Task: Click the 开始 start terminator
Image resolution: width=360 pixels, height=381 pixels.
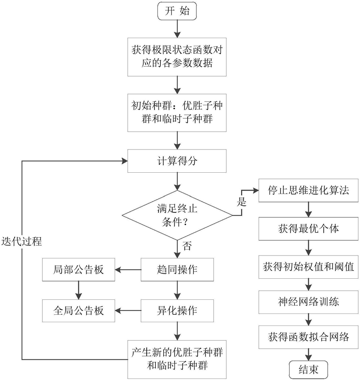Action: pyautogui.click(x=178, y=12)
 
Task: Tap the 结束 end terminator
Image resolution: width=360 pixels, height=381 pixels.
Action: pyautogui.click(x=307, y=369)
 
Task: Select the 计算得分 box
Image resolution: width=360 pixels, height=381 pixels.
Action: pyautogui.click(x=178, y=161)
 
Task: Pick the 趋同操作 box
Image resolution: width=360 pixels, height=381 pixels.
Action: pyautogui.click(x=178, y=270)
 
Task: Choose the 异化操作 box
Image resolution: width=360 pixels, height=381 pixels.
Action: pyautogui.click(x=178, y=310)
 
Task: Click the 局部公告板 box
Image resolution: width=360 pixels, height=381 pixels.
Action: pyautogui.click(x=78, y=270)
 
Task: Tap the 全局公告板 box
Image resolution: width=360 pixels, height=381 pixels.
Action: pyautogui.click(x=78, y=310)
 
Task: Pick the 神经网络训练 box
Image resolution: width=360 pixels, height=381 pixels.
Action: pyautogui.click(x=307, y=301)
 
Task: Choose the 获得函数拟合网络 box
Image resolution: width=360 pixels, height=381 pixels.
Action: pyautogui.click(x=307, y=337)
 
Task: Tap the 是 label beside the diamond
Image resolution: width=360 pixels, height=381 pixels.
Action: pyautogui.click(x=242, y=203)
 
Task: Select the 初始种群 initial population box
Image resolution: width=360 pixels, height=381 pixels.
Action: pyautogui.click(x=178, y=112)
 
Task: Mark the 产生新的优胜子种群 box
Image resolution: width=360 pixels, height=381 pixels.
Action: pyautogui.click(x=178, y=357)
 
